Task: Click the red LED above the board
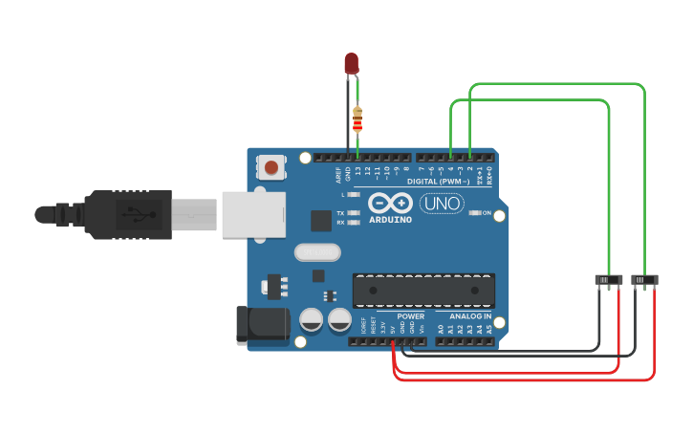click(351, 63)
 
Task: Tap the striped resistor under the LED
click(357, 119)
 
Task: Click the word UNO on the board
click(442, 203)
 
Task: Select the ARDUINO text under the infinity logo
click(390, 220)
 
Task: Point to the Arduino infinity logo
click(390, 204)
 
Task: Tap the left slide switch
click(609, 280)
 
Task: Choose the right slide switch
click(645, 279)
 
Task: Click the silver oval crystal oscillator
click(316, 252)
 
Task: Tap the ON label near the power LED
click(487, 212)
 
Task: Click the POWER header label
click(410, 316)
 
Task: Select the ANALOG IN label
click(470, 316)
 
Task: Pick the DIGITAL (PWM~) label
click(438, 181)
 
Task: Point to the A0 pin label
click(440, 329)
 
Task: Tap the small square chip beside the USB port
click(320, 221)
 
